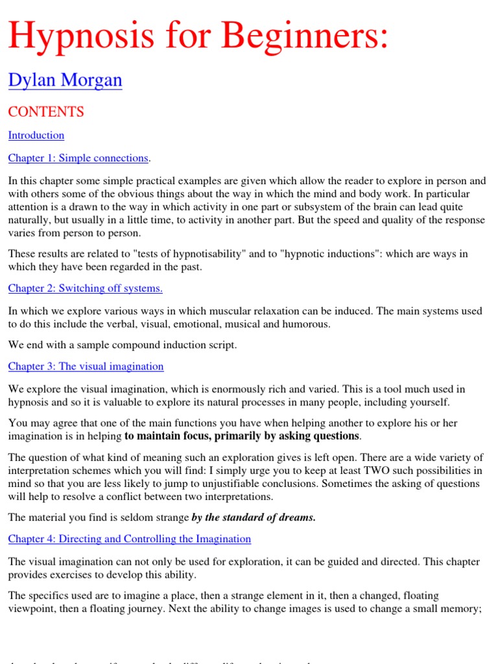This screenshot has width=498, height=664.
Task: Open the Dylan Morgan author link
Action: point(65,81)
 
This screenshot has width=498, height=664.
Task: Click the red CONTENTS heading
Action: point(46,112)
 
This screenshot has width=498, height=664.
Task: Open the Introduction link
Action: point(36,135)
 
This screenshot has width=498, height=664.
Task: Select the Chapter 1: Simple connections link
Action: point(78,158)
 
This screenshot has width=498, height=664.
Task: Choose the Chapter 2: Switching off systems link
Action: point(86,288)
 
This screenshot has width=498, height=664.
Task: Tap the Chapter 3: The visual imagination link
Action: point(86,366)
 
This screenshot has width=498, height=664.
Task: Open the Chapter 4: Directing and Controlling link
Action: point(129,539)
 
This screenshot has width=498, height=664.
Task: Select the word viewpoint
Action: point(32,608)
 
